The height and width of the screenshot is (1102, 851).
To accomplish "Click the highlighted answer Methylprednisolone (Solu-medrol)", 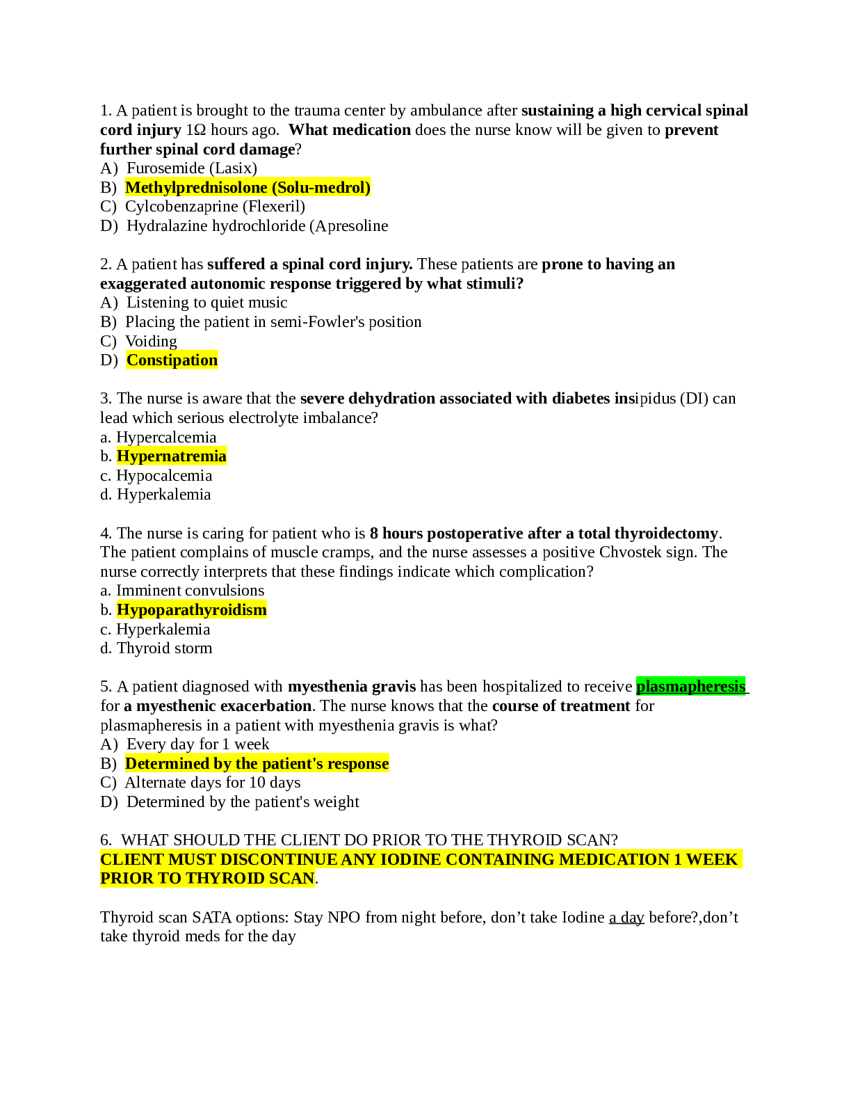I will tap(248, 188).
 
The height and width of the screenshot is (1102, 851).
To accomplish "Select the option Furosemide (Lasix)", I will tap(191, 168).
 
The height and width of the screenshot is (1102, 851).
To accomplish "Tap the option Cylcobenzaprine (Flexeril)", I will tap(215, 207).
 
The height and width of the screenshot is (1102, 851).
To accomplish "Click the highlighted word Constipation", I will tap(172, 360).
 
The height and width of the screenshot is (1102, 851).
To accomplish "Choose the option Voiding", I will tap(151, 342).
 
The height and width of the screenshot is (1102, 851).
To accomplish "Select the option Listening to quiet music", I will tap(206, 303).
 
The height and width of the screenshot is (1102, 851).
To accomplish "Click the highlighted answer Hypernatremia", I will tap(171, 456).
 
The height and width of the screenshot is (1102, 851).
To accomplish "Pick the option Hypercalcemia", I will tap(166, 438).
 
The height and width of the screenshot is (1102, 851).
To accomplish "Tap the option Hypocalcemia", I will tap(164, 476).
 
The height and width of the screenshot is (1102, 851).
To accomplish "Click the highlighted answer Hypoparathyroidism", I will tap(191, 610).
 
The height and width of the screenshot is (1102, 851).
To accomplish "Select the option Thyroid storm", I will tap(164, 648).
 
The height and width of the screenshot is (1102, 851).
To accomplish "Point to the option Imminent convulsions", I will tap(190, 591).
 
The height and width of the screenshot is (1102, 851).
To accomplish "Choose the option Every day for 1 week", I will tap(197, 744).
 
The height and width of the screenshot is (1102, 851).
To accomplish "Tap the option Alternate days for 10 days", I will tap(213, 783).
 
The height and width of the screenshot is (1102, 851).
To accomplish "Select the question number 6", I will tap(106, 840).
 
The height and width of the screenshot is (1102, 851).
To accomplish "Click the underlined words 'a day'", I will tap(626, 918).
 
